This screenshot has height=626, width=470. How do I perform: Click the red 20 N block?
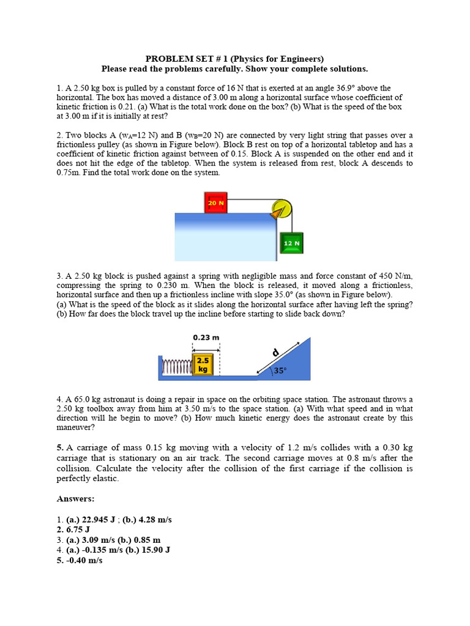coord(216,202)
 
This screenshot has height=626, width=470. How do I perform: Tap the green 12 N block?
coord(291,243)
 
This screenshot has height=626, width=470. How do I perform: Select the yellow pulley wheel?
coord(282,208)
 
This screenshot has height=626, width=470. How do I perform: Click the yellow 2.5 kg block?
coord(203,364)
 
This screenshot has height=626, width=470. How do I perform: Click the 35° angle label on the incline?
coord(280,370)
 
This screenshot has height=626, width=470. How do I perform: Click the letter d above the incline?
coord(276,353)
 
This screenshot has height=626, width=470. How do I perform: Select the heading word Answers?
coord(76,499)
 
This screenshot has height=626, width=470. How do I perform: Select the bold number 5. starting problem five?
coord(61,448)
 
